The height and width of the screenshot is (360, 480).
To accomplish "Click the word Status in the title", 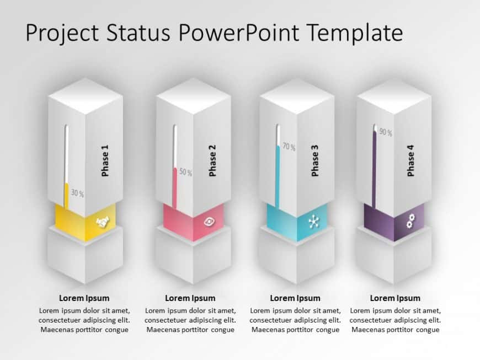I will coord(137,33).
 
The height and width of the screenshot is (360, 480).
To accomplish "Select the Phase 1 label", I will coord(105,160).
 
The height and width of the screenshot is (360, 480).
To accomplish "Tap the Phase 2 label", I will coord(212,160).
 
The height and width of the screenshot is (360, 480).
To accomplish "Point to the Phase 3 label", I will coord(315,160).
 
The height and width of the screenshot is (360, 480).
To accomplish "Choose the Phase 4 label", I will coord(410,160).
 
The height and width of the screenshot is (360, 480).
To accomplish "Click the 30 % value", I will coord(77,194).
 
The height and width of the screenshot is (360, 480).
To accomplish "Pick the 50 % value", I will coord(185,173).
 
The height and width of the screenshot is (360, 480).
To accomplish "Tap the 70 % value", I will coord(289,147).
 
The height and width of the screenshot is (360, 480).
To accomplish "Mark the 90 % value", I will coord(385,132).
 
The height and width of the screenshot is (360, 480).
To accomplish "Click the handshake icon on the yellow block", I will coord(103,222).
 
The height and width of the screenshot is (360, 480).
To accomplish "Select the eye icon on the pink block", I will coord(210,222).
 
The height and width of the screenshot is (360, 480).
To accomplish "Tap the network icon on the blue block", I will coord(314,222).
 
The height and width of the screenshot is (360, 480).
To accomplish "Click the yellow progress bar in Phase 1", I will coord(67,196).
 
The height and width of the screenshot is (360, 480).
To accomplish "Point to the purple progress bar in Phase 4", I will coord(374,168).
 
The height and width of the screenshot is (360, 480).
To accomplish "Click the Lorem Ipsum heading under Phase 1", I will coord(84,298).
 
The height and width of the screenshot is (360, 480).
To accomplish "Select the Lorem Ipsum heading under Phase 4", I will coord(395,298).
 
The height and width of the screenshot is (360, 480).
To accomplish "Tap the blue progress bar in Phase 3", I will coord(278,176).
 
